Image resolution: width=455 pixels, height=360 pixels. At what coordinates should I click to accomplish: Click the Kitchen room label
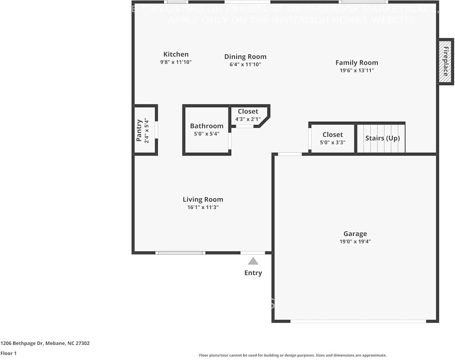point(175,54)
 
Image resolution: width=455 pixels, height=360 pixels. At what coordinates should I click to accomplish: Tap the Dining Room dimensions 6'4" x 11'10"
point(245,65)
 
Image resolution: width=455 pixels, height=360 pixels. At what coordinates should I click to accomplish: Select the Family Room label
point(357,62)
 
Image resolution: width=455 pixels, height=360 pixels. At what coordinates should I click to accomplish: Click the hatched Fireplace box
point(446,62)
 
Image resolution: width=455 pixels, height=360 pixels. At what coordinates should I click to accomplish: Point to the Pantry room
point(145,130)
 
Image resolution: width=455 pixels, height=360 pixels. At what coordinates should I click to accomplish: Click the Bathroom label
point(207,126)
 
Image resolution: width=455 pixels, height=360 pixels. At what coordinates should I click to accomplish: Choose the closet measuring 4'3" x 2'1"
point(248,115)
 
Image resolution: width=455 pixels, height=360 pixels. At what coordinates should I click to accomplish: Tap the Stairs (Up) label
point(382,138)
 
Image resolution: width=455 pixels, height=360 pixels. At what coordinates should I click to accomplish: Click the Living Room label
point(202,200)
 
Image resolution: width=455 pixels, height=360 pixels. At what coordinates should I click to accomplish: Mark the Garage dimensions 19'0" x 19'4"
point(355,242)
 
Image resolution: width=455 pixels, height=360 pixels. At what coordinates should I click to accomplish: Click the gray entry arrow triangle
point(253,261)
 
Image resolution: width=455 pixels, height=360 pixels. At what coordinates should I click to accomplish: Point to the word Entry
point(253,273)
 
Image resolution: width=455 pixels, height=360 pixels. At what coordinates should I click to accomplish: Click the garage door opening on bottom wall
point(358,321)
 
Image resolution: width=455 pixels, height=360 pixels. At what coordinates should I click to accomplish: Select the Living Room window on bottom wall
point(180,253)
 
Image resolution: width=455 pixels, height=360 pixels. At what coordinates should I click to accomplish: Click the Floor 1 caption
point(9,353)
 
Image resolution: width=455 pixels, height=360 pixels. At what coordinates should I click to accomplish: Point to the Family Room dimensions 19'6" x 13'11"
point(357,71)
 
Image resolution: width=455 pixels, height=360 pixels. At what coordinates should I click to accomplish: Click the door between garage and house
point(290,154)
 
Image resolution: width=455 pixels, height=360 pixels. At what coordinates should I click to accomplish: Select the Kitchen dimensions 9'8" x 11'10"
point(175,62)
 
